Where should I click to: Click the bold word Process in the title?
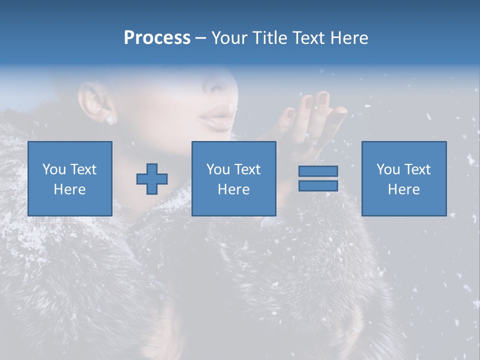pyautogui.click(x=157, y=38)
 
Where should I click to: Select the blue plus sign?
pyautogui.click(x=152, y=178)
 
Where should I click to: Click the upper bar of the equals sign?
pyautogui.click(x=318, y=171)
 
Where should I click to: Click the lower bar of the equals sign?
pyautogui.click(x=318, y=186)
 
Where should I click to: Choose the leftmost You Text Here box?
pyautogui.click(x=70, y=178)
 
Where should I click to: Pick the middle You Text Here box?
pyautogui.click(x=234, y=178)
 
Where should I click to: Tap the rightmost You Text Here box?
pyautogui.click(x=404, y=178)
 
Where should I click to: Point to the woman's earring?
pyautogui.click(x=108, y=119)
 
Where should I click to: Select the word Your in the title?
pyautogui.click(x=229, y=38)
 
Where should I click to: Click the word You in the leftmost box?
pyautogui.click(x=53, y=169)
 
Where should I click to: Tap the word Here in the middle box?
pyautogui.click(x=234, y=189)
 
